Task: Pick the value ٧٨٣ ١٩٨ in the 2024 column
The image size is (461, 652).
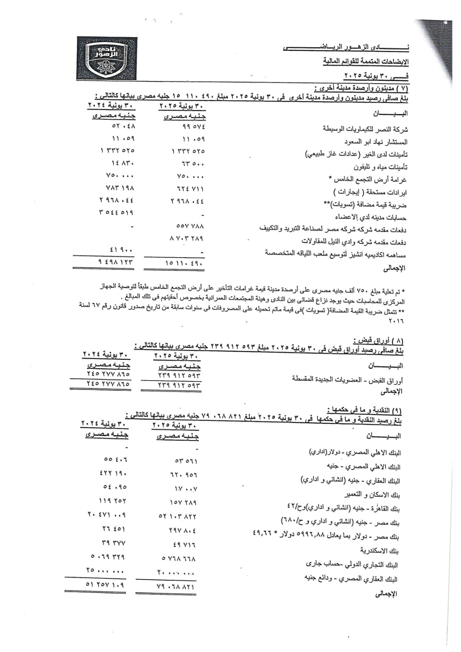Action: (x=119, y=188)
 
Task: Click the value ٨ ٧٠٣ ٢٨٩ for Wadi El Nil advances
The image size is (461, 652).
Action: (x=187, y=238)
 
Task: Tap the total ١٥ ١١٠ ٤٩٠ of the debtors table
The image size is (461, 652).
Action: (x=184, y=264)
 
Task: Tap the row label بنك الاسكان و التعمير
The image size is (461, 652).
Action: (x=373, y=495)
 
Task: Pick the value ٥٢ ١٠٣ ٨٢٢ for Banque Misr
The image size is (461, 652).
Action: (x=178, y=516)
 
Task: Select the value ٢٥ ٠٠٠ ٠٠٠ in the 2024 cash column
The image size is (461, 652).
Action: (x=106, y=570)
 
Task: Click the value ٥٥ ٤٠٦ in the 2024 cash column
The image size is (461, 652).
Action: (x=116, y=459)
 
